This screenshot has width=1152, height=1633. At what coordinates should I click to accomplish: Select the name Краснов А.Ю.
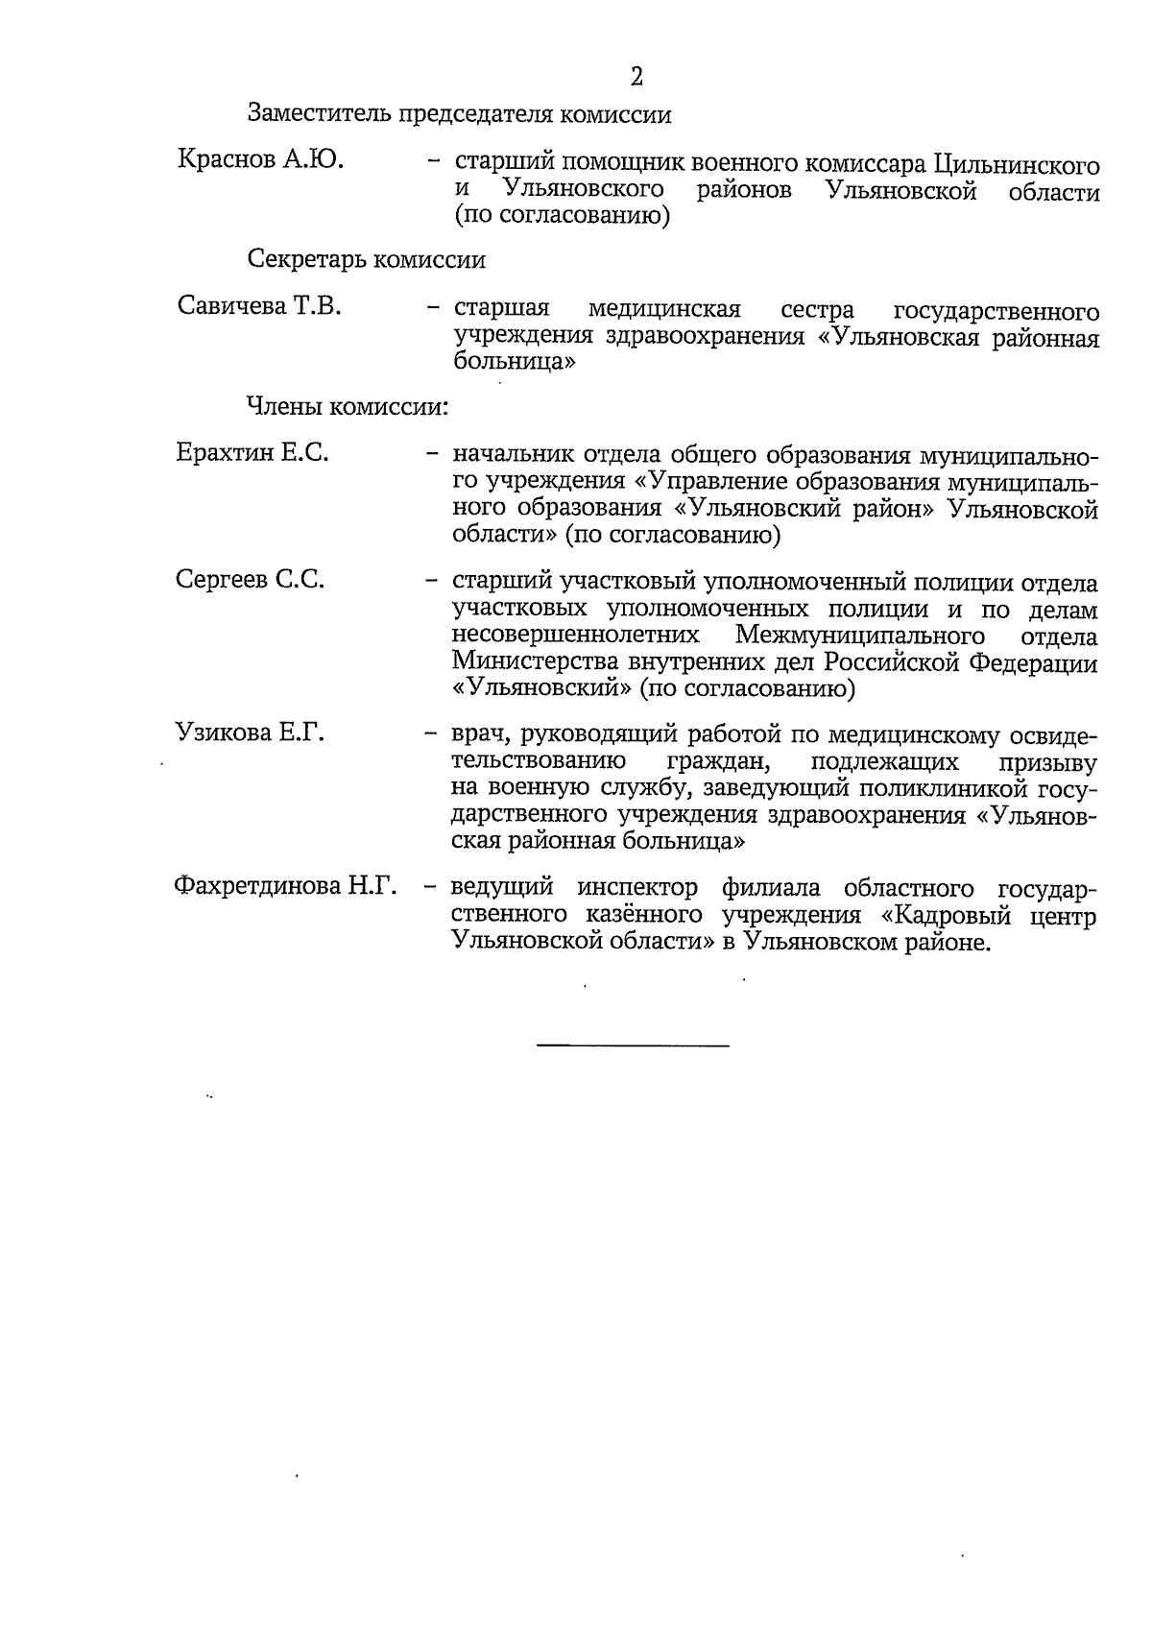261,159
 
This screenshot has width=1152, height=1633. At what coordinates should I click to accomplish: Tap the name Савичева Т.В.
259,306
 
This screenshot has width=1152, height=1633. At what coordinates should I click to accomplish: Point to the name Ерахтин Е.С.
252,452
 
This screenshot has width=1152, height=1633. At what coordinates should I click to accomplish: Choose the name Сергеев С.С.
251,579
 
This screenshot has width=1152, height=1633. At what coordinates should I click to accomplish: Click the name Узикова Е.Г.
250,733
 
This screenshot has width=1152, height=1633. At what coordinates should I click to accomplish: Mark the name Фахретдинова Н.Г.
285,886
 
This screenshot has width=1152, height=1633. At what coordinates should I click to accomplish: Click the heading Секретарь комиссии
367,259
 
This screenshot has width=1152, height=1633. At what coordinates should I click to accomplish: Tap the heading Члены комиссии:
348,406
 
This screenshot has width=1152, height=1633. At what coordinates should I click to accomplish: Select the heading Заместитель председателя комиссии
459,114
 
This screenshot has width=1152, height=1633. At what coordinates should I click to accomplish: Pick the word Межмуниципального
860,636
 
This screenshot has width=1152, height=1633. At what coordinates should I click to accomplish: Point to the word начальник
506,455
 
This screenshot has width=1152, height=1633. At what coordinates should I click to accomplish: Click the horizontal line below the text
633,1045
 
